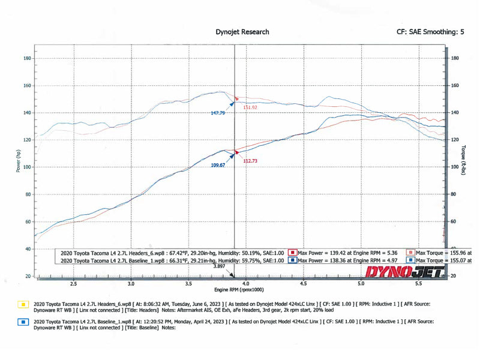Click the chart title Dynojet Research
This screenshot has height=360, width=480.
(x=242, y=32)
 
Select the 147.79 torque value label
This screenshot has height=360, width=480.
(x=219, y=112)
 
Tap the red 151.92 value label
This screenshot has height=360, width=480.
(x=250, y=107)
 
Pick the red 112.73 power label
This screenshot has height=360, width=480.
(x=250, y=161)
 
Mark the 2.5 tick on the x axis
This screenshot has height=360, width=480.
(x=74, y=283)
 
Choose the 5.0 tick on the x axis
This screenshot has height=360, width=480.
(x=361, y=283)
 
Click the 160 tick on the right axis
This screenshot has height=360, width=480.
(x=454, y=85)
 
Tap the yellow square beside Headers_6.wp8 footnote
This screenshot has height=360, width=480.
(x=23, y=304)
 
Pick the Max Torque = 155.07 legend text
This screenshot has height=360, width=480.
(x=443, y=261)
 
